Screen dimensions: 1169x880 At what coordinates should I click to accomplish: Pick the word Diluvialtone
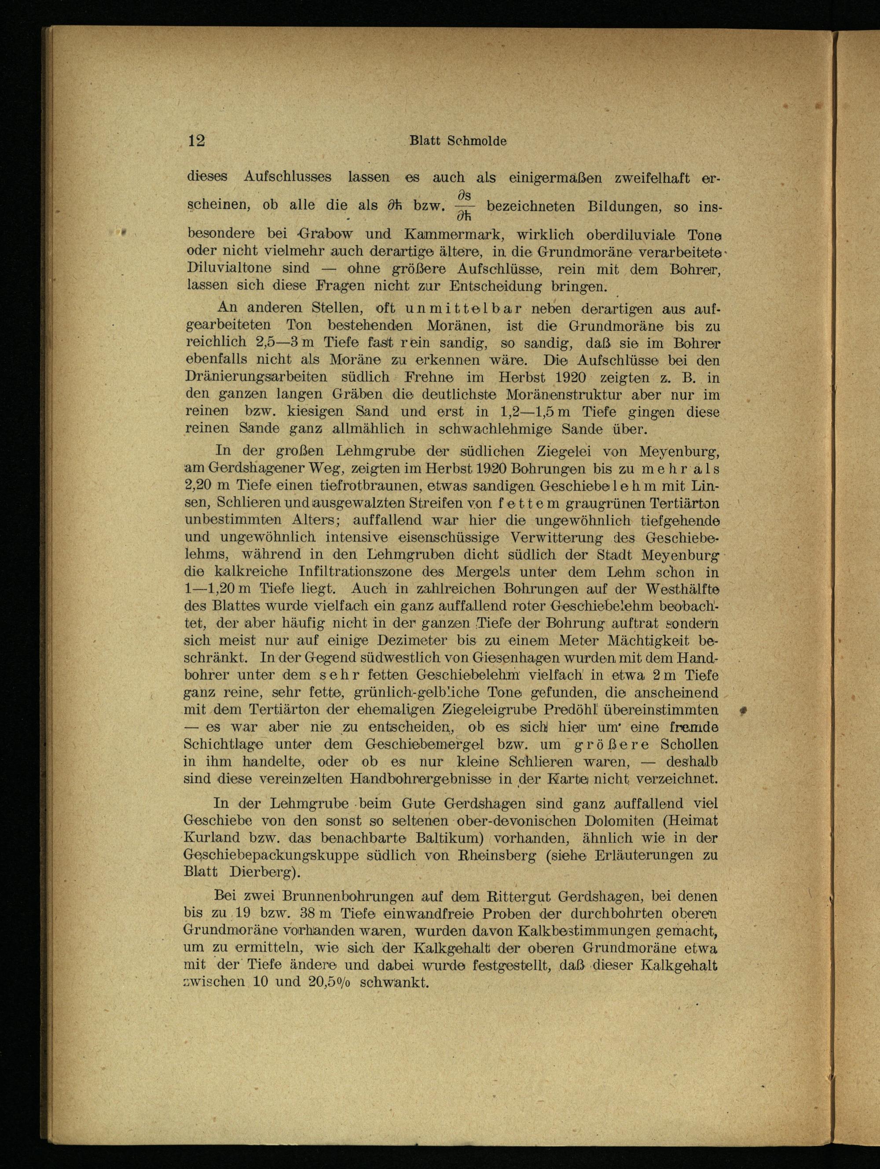[x=229, y=269]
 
